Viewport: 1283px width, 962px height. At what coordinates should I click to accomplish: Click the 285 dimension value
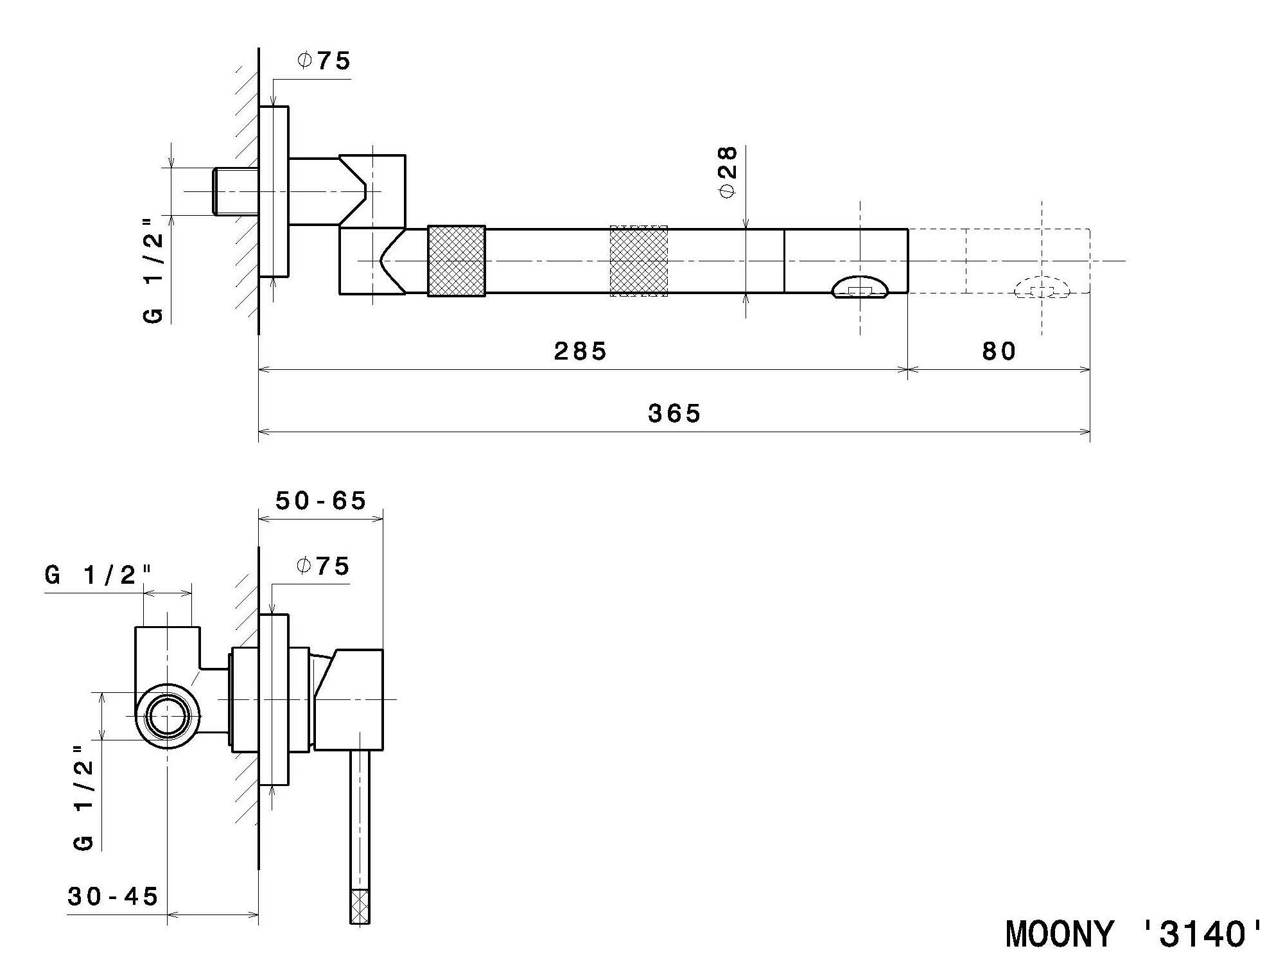click(580, 351)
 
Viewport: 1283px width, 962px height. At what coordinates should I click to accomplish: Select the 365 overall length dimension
click(674, 414)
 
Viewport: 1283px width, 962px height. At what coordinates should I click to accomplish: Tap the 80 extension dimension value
click(999, 351)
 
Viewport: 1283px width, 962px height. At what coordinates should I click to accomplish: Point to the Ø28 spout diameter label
click(728, 172)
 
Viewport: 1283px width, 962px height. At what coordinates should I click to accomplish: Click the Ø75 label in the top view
click(324, 61)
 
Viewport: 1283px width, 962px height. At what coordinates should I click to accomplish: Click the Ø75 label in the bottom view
click(322, 566)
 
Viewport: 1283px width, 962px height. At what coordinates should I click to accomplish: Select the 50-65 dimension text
click(320, 500)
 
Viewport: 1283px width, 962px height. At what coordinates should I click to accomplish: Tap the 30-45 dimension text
click(113, 896)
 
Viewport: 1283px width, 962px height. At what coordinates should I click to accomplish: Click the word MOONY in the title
click(1059, 934)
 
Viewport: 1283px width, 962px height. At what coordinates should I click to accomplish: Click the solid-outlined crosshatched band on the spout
click(456, 261)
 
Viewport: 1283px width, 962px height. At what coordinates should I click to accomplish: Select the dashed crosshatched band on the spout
click(638, 261)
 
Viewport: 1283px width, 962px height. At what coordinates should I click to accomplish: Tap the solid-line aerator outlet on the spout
click(860, 287)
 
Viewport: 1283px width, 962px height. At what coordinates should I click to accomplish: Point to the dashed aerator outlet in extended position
click(1042, 287)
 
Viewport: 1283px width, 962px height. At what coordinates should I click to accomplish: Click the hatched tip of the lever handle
click(360, 905)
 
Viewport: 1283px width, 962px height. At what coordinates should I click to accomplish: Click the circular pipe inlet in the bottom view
click(167, 716)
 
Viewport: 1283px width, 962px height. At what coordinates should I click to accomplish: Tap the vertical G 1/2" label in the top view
click(153, 270)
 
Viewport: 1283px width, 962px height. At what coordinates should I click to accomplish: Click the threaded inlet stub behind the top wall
click(236, 191)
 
